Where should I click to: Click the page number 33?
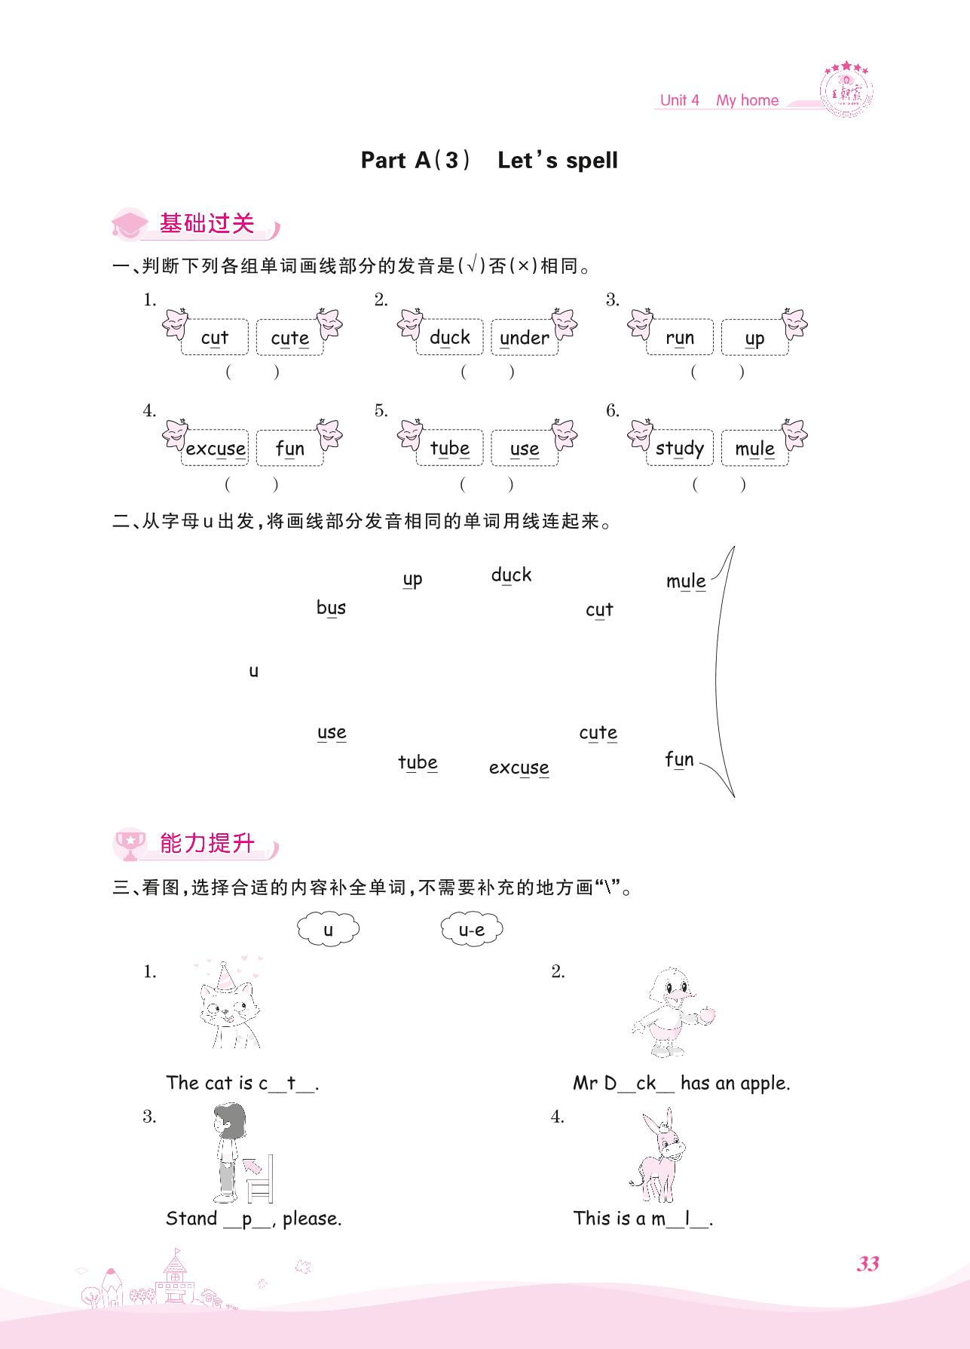(x=867, y=1264)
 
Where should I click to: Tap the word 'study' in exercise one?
(x=680, y=449)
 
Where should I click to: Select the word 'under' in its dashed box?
(x=525, y=338)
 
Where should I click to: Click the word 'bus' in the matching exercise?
(x=331, y=607)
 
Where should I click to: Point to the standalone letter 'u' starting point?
(x=254, y=671)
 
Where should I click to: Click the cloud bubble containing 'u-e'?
(x=472, y=930)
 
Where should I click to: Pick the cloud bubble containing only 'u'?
(x=328, y=930)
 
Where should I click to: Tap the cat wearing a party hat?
(x=229, y=1004)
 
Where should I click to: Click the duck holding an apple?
(x=672, y=1013)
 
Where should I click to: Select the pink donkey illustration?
(x=659, y=1156)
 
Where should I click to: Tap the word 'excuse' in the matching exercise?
(x=519, y=768)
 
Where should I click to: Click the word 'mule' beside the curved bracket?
(x=686, y=581)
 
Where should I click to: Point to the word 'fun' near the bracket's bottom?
(x=679, y=759)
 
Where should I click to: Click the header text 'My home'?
(x=747, y=100)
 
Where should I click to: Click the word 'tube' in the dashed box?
(x=450, y=448)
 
